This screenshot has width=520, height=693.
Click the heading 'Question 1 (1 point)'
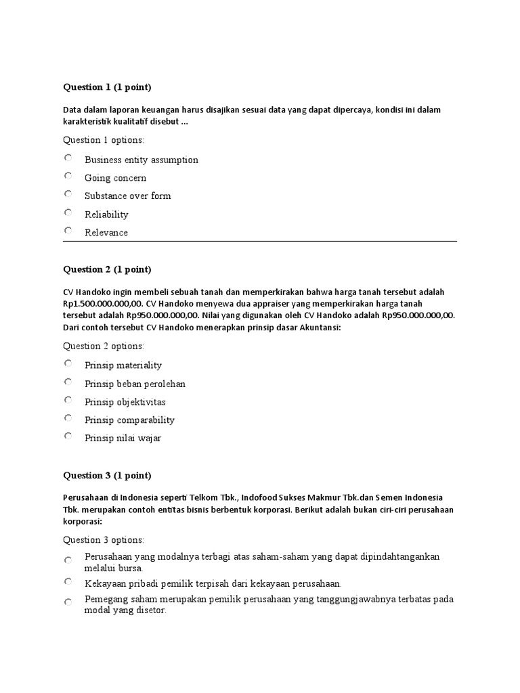[107, 87]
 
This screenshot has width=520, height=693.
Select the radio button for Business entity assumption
[68, 158]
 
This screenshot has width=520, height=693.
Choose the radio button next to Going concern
[68, 176]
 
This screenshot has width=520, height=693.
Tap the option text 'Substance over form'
[127, 196]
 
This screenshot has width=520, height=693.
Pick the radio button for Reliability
[68, 213]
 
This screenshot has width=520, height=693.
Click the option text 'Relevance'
[106, 233]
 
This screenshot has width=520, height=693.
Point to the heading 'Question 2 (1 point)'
[107, 269]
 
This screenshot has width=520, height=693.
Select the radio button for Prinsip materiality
[68, 363]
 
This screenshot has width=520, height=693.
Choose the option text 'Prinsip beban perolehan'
[135, 384]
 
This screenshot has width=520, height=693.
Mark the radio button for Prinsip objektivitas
[68, 400]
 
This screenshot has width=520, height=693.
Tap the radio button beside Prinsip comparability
[68, 418]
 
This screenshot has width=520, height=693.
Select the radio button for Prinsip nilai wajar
[68, 436]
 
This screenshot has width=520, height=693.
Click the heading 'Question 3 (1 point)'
[107, 475]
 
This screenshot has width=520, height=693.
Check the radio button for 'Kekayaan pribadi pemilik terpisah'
[68, 581]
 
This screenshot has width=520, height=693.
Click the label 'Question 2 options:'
[104, 346]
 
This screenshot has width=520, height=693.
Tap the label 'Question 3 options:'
[104, 540]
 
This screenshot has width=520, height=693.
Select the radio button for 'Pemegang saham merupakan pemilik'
[68, 602]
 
